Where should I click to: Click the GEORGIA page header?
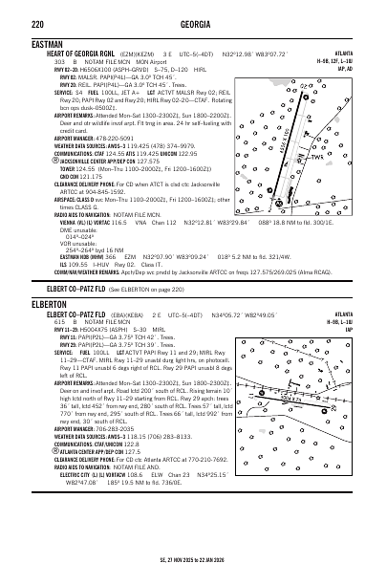click(x=193, y=10)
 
